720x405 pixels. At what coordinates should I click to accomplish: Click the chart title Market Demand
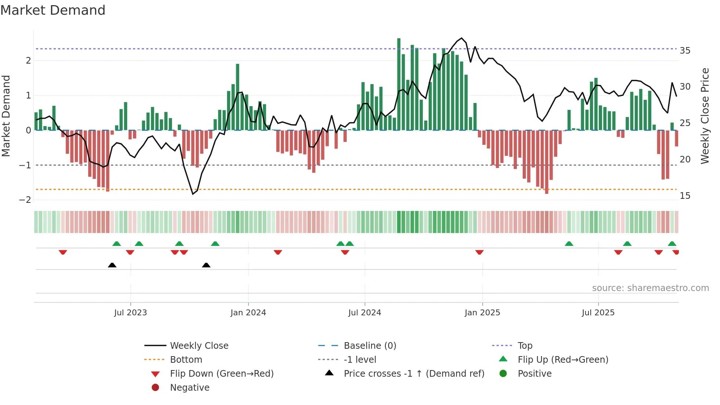point(53,10)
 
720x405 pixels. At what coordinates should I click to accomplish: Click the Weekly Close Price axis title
point(705,116)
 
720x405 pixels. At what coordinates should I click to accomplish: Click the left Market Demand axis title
point(6,116)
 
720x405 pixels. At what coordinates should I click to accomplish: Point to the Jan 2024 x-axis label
point(248,313)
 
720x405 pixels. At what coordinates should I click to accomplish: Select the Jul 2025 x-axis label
point(598,313)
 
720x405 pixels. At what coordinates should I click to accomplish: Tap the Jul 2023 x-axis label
point(130,313)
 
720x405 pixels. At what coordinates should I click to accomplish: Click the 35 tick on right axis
point(685,51)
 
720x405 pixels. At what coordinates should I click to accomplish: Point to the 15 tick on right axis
point(685,196)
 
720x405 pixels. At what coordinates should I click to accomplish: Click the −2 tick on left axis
point(25,200)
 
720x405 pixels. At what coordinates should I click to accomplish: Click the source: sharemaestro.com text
point(650,288)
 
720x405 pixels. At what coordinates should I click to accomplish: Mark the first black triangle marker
point(112,265)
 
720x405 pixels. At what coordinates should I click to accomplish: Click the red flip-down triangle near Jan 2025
point(479,252)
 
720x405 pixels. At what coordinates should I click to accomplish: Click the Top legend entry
point(525,346)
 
